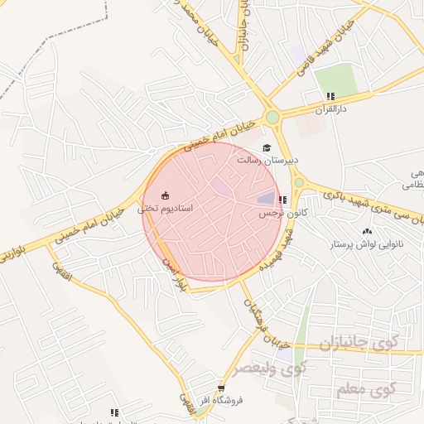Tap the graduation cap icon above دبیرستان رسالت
coord(266,147)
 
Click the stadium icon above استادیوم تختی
coord(165,195)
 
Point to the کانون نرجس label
coord(280,213)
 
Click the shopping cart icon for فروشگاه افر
coord(220,388)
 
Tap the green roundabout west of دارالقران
coord(272,118)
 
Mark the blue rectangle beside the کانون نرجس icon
coord(266,198)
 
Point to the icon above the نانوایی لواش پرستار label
coord(367,231)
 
